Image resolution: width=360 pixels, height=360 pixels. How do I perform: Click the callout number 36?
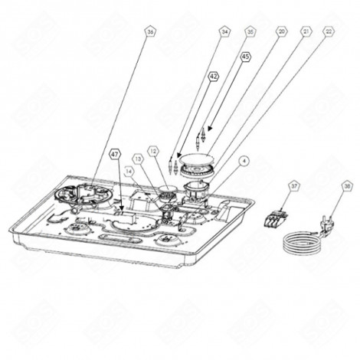150,32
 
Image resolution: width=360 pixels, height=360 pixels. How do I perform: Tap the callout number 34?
224,32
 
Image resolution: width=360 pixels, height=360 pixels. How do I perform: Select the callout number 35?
250,32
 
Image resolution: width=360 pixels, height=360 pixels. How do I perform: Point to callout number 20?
282,32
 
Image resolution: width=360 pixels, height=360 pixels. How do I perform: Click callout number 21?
306,32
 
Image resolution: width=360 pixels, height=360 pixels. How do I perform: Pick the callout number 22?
329,32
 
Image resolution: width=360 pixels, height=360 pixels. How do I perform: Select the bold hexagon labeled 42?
214,77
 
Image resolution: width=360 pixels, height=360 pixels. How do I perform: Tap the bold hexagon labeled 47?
115,153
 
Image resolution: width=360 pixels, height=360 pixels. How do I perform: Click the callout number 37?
293,185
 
